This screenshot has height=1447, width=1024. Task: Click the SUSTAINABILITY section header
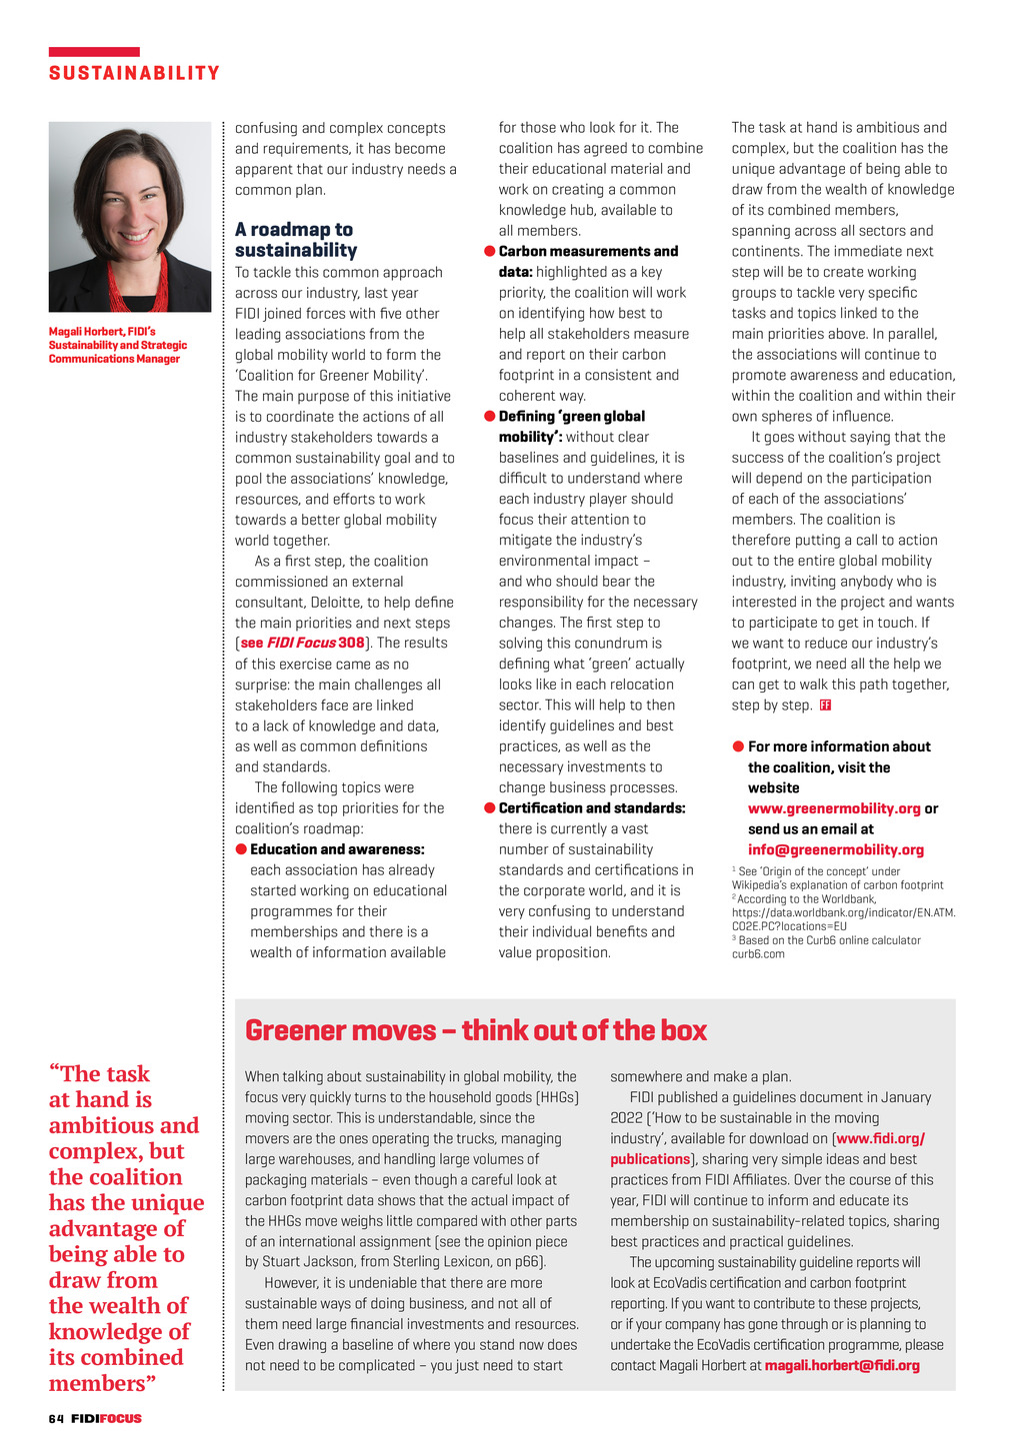[x=134, y=73]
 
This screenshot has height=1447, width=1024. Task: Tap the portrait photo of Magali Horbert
[x=130, y=217]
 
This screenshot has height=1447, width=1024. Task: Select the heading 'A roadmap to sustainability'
[x=296, y=240]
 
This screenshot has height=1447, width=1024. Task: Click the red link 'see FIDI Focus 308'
[x=303, y=643]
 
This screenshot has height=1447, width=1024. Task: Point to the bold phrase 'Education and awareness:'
[x=337, y=849]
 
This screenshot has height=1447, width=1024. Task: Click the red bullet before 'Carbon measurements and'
[x=490, y=251]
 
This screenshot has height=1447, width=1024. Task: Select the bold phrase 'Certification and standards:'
[x=592, y=807]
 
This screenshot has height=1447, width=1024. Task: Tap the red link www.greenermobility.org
[x=834, y=808]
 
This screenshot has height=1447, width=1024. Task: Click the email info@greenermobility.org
[x=836, y=849]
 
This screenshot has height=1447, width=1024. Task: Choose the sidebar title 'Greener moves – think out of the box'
[x=476, y=1030]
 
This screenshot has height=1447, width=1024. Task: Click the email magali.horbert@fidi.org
[x=842, y=1365]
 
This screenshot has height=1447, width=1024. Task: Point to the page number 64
[x=56, y=1419]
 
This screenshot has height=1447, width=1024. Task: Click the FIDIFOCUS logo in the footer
[x=106, y=1419]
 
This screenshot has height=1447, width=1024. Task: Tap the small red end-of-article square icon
[x=825, y=705]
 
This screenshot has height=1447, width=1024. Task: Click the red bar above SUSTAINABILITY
[x=94, y=52]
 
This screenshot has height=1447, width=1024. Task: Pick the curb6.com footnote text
[x=758, y=954]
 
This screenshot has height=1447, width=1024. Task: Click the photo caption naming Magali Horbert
[x=118, y=345]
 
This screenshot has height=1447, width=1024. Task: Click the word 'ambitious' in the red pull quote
[x=124, y=1125]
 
